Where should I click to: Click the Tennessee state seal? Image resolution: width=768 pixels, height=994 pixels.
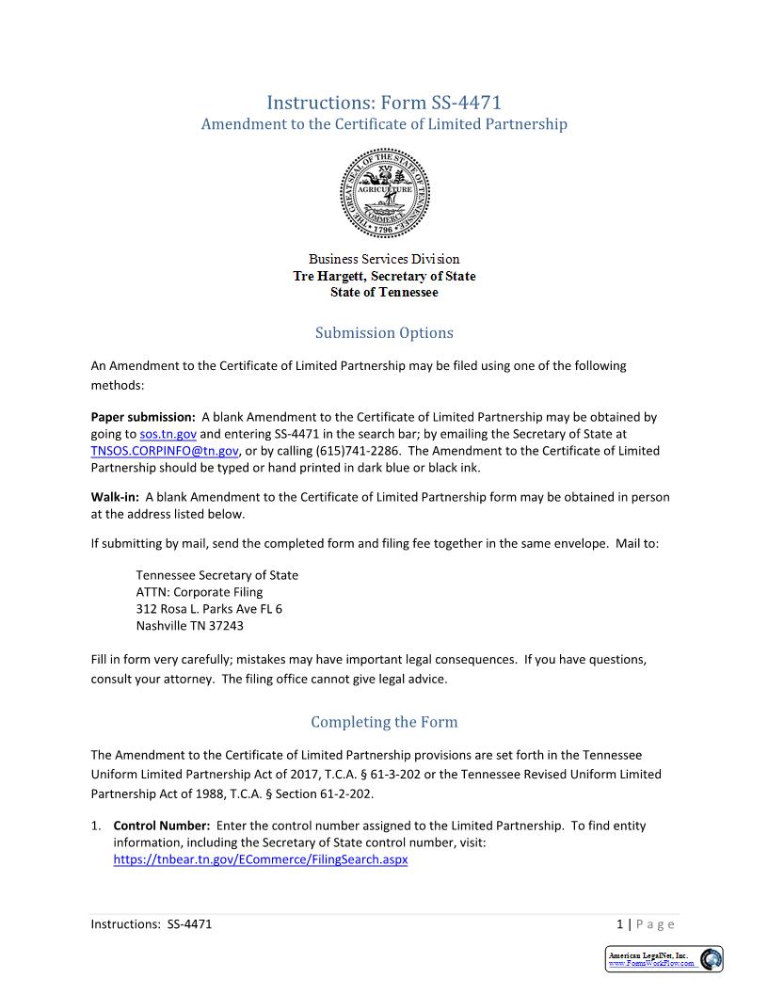384,193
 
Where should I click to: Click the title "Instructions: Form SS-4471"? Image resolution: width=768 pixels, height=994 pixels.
384,102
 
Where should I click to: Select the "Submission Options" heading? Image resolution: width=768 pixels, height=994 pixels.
384,332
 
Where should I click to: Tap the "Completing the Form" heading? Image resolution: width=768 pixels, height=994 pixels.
384,722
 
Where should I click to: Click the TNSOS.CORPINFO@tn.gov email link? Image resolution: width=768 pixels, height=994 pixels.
165,451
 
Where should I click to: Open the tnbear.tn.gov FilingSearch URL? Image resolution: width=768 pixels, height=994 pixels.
260,859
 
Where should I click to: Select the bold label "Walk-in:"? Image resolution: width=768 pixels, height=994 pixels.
115,497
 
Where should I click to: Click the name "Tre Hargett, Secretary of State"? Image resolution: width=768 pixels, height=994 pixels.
384,276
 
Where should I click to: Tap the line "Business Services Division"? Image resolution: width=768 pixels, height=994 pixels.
384,259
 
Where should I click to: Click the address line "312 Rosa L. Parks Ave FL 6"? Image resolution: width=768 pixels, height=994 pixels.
209,609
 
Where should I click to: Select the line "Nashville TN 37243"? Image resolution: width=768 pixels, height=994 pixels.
189,626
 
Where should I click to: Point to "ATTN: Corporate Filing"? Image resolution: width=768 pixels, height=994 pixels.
200,592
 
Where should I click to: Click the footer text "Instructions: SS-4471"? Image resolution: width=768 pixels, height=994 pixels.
152,924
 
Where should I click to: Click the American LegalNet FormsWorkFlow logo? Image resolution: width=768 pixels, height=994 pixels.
664,958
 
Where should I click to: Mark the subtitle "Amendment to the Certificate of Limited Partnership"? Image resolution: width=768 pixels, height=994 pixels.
384,124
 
